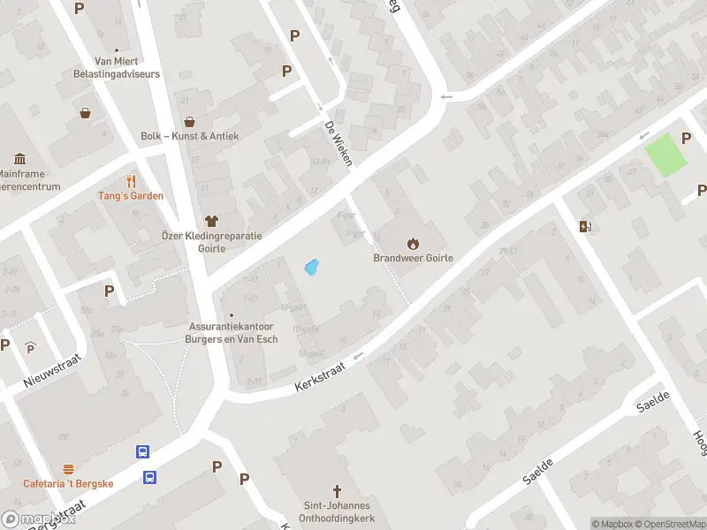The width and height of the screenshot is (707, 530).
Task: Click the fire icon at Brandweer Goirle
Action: click(x=412, y=243)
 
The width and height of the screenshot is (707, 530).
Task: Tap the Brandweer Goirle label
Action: click(x=412, y=259)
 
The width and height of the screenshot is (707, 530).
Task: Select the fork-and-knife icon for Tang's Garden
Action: click(x=132, y=180)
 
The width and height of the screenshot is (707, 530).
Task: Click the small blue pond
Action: click(x=310, y=266)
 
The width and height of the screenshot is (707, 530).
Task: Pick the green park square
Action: click(x=665, y=155)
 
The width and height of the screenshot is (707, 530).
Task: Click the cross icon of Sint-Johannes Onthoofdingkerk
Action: click(x=336, y=490)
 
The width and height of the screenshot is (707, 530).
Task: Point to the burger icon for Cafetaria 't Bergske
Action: click(x=68, y=468)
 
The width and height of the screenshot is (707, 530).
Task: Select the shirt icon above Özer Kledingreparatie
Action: click(x=211, y=221)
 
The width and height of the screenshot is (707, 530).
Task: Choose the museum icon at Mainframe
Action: click(x=20, y=159)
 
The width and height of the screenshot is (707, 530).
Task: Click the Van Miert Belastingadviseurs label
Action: click(x=127, y=68)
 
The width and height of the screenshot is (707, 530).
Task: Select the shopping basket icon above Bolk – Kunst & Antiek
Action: click(x=188, y=122)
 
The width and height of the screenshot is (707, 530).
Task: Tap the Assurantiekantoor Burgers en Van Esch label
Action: click(x=233, y=332)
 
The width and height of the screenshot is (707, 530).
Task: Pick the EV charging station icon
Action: click(x=584, y=226)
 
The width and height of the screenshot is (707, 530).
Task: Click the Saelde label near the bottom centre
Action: click(x=537, y=471)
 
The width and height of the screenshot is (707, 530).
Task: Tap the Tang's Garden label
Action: click(x=130, y=195)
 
